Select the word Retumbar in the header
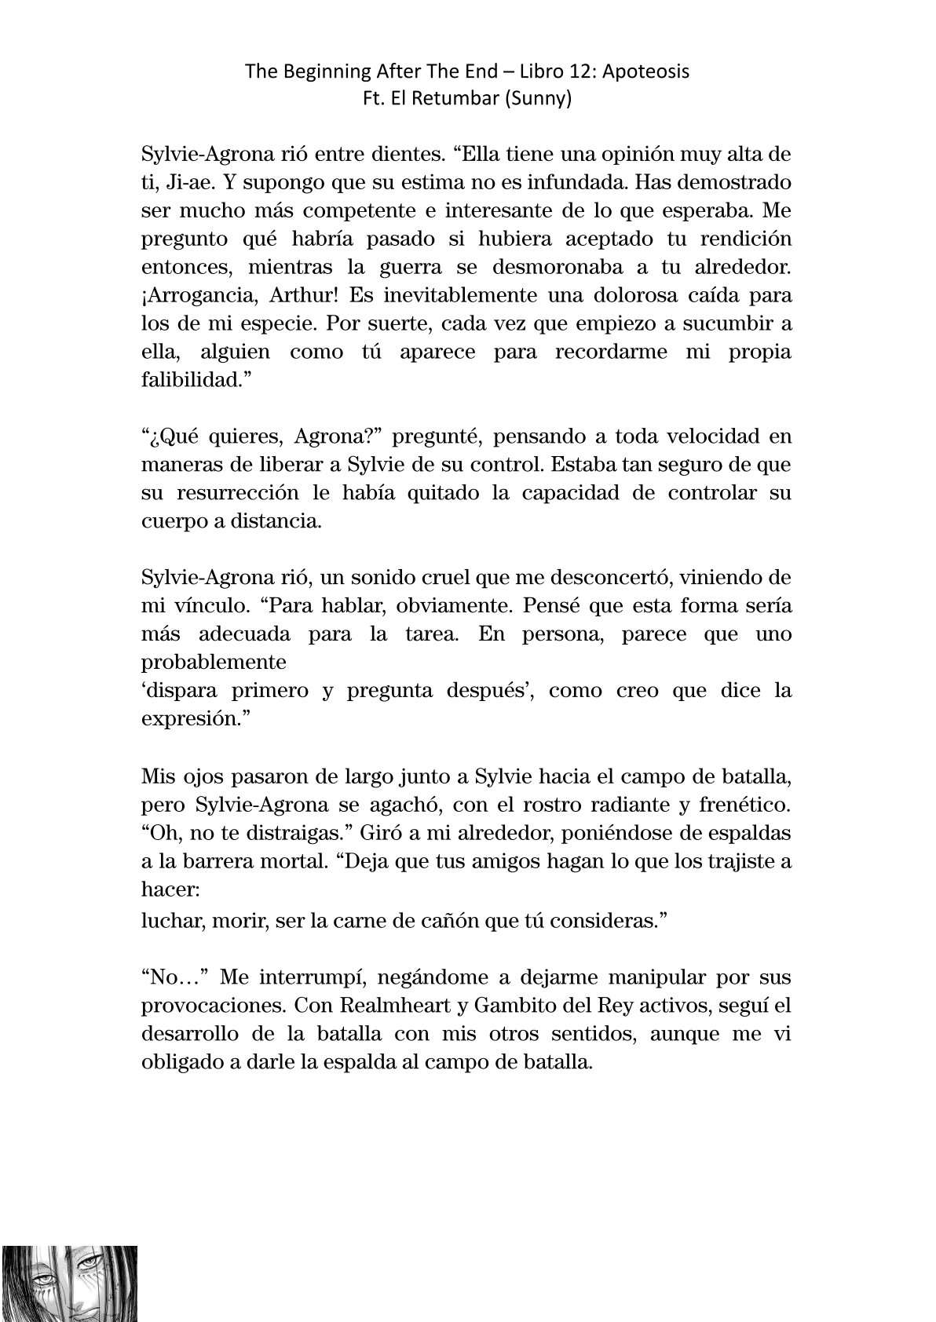[459, 99]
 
